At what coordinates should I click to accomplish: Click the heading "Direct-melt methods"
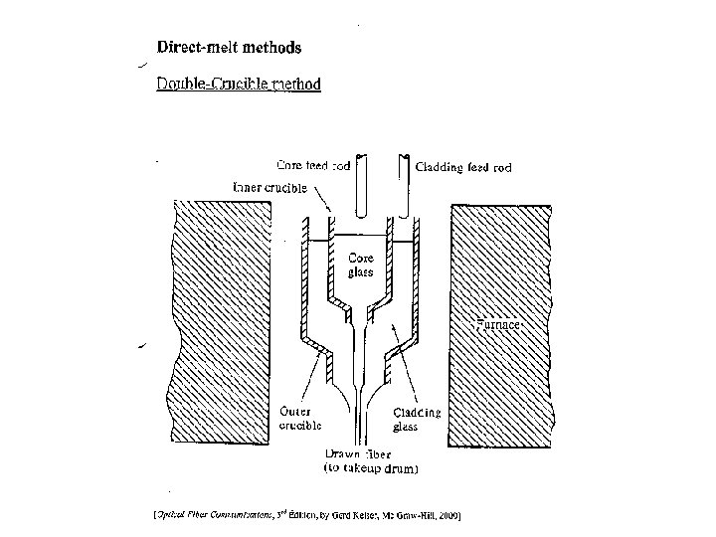(x=229, y=47)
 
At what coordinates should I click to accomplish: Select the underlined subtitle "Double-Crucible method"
(x=238, y=84)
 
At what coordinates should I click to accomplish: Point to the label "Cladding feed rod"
(x=463, y=168)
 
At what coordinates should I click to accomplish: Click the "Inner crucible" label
(x=268, y=187)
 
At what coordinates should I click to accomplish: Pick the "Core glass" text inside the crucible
(x=360, y=264)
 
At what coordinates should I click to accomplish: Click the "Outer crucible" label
(x=298, y=418)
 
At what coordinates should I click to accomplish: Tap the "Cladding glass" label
(x=417, y=418)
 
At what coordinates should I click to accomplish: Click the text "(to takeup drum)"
(x=372, y=466)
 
